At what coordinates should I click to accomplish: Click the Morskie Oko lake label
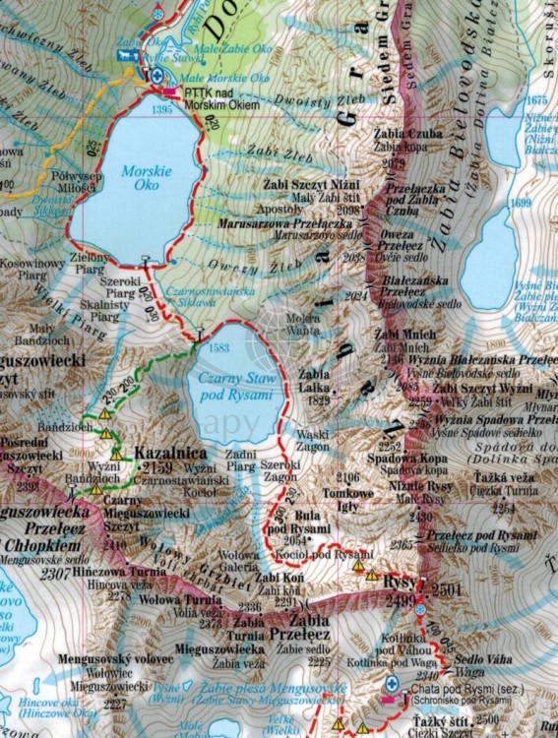coord(139,178)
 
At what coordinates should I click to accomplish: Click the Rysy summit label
coord(393,583)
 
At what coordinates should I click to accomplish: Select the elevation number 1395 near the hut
coord(163,109)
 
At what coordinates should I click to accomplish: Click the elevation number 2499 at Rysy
coord(400,600)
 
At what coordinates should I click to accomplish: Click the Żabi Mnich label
coord(400,336)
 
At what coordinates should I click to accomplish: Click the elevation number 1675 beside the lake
coord(535,101)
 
